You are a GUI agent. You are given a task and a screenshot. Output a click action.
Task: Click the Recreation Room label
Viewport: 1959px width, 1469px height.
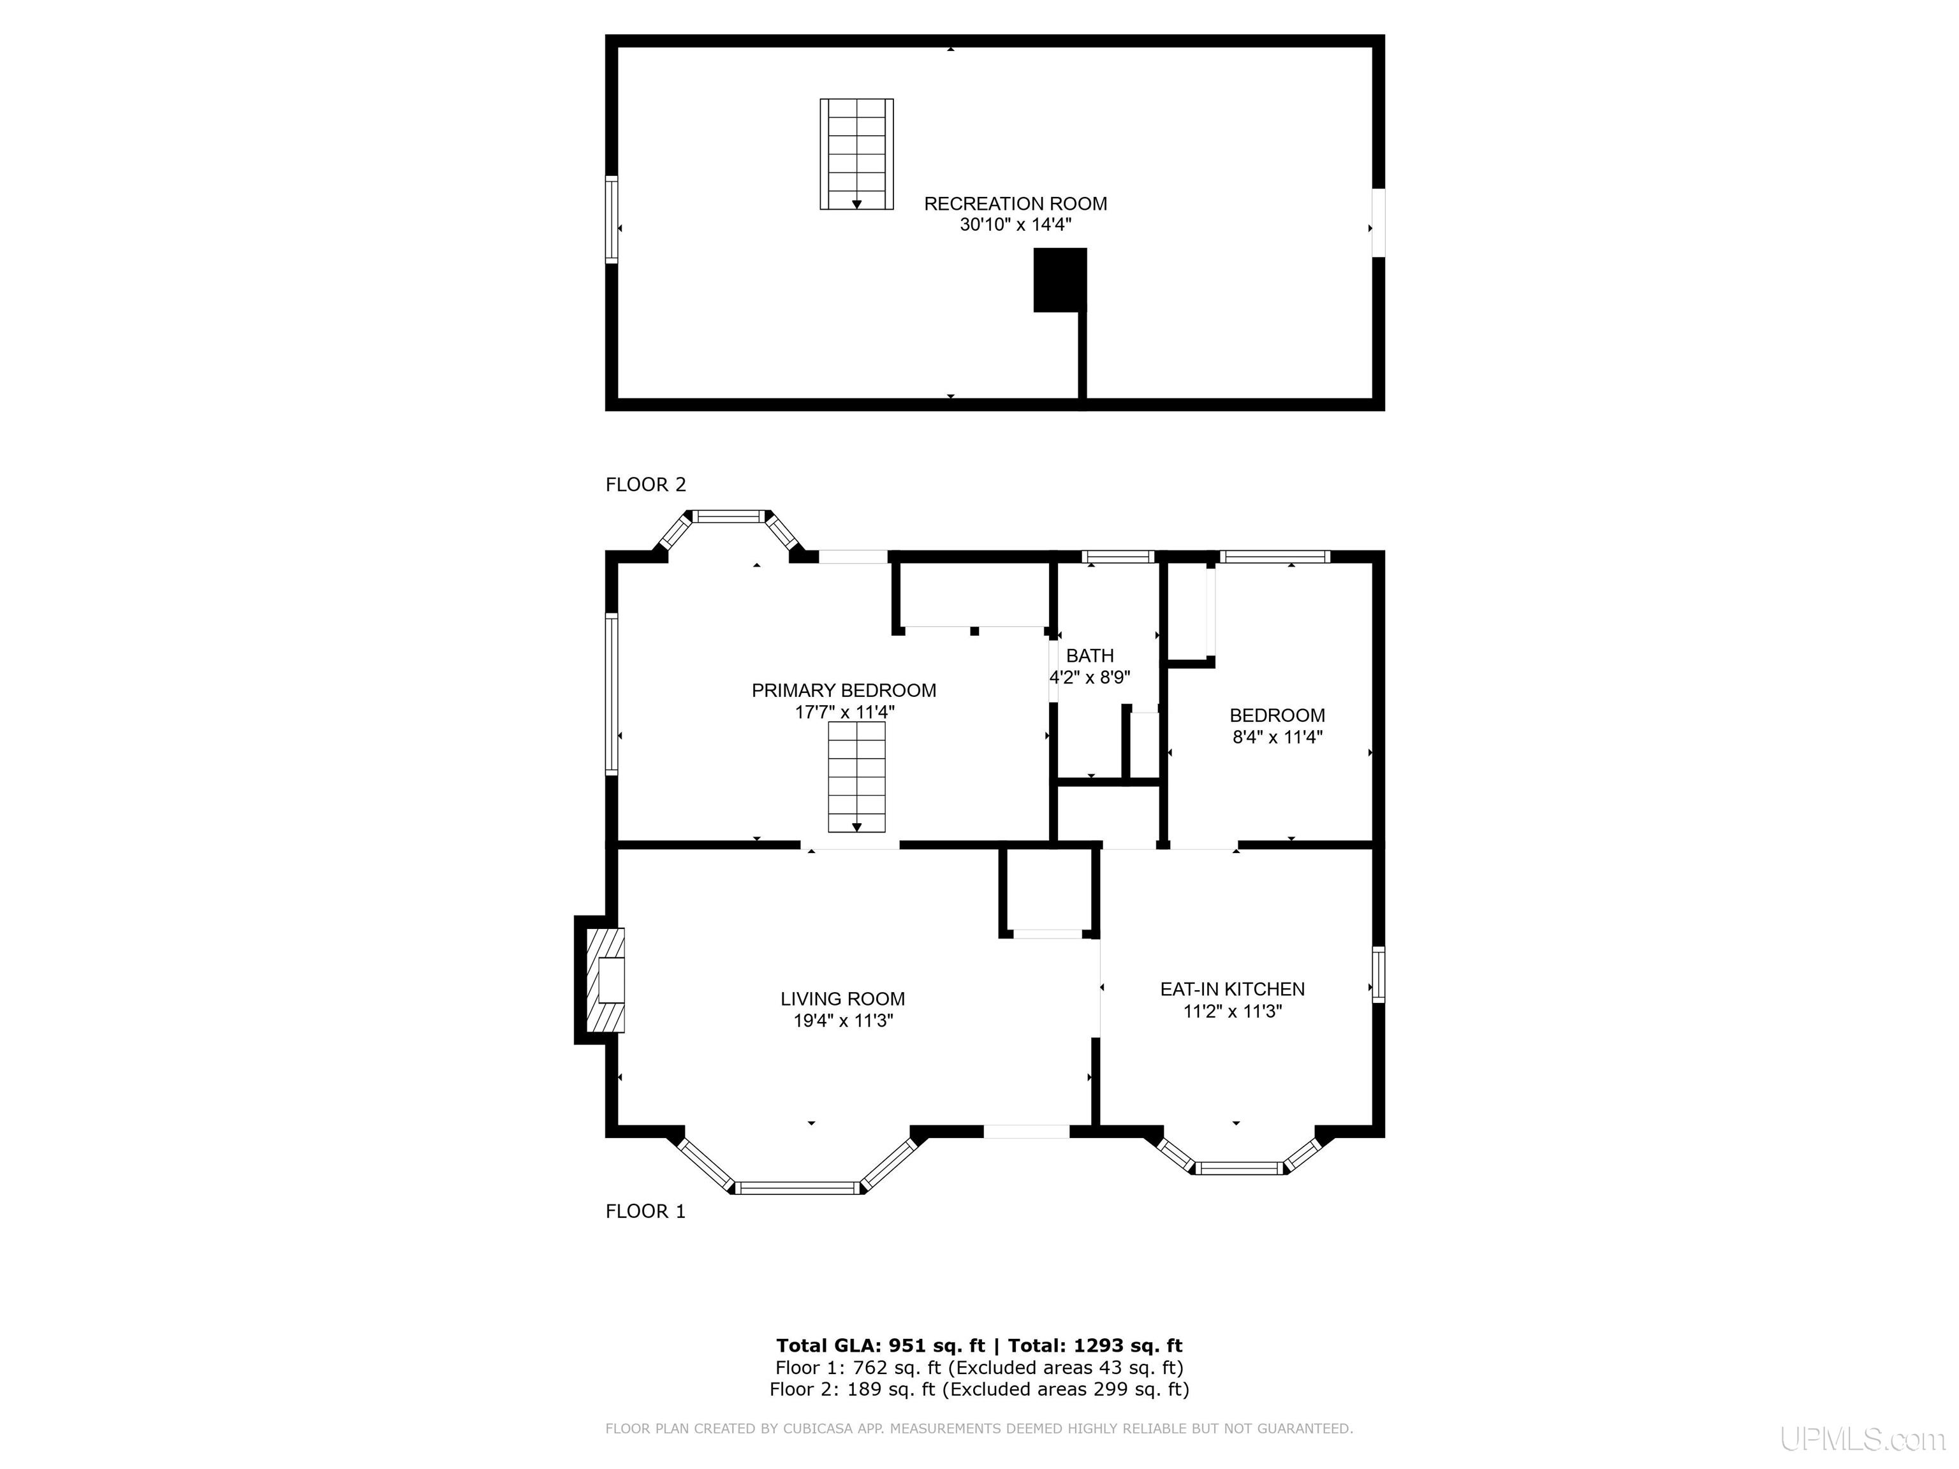click(x=1015, y=203)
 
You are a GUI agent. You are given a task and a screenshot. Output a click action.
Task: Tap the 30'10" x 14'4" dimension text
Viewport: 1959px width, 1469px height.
click(x=1015, y=225)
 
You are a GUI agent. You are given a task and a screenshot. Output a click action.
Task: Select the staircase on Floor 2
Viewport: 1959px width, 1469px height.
click(x=856, y=154)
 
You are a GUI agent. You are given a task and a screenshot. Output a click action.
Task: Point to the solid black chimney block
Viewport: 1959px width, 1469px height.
click(x=1060, y=280)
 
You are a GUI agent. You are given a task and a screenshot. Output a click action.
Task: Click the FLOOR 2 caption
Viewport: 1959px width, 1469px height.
click(x=645, y=485)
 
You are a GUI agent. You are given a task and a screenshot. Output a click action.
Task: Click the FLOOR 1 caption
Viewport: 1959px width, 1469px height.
click(x=645, y=1211)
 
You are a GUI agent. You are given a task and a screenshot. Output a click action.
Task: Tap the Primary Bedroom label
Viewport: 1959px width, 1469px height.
click(x=844, y=691)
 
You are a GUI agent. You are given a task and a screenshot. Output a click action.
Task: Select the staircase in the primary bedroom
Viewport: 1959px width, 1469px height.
click(x=856, y=777)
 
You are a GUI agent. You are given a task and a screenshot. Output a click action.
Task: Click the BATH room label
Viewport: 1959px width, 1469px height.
click(x=1090, y=655)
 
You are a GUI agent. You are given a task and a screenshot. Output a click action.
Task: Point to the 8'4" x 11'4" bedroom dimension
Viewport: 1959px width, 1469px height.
click(x=1277, y=736)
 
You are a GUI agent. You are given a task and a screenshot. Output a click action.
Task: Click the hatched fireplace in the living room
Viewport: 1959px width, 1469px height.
click(x=606, y=979)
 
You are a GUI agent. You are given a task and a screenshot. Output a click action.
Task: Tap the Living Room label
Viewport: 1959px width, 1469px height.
click(x=842, y=999)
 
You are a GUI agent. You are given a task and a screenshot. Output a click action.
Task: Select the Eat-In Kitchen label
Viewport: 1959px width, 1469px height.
click(x=1232, y=989)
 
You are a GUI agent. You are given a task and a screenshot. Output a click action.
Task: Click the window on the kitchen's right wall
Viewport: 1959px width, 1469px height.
click(x=1379, y=974)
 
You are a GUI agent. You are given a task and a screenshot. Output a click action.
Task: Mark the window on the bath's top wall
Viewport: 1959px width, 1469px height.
click(x=1119, y=557)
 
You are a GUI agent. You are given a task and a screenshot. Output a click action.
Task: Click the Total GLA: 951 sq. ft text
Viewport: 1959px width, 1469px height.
click(x=880, y=1346)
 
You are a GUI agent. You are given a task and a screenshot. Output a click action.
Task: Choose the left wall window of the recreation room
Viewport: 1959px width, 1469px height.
click(x=611, y=219)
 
